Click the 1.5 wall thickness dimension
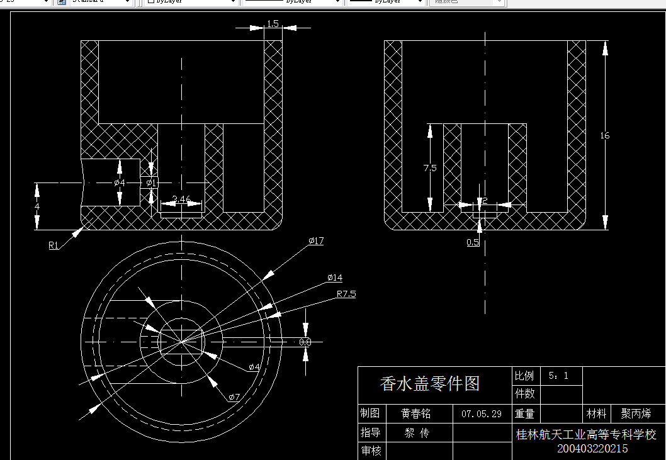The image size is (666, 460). (273, 24)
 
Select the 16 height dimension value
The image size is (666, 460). (605, 135)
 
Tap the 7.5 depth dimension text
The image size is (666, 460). (430, 168)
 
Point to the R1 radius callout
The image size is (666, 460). (54, 245)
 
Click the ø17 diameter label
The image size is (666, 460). (316, 241)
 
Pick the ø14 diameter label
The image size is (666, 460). (335, 278)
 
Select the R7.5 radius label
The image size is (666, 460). (346, 294)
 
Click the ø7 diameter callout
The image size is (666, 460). (234, 396)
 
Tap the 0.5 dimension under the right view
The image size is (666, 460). (473, 242)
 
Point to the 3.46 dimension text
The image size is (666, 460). (181, 199)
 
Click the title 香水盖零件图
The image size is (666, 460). (430, 383)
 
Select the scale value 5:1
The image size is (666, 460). (558, 376)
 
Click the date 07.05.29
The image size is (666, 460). (482, 413)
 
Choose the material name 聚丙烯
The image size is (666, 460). (636, 413)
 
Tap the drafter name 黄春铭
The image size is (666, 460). (417, 413)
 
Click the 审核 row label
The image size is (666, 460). (371, 451)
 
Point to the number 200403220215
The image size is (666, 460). (592, 449)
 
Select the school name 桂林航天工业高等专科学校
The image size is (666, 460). (586, 434)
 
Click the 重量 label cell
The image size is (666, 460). (524, 413)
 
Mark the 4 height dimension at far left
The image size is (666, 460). (37, 206)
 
